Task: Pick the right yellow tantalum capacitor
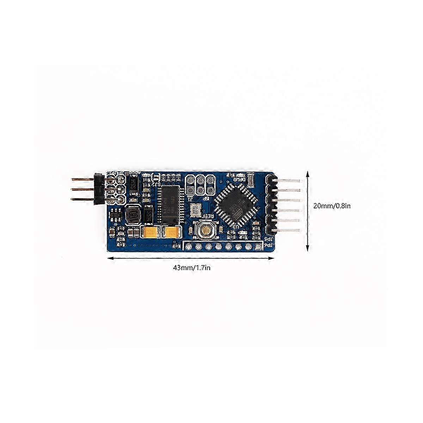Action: click(x=171, y=232)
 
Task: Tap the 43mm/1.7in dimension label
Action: click(x=191, y=268)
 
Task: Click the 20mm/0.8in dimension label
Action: click(x=332, y=206)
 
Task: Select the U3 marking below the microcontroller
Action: click(x=232, y=227)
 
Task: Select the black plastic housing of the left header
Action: click(x=98, y=189)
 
